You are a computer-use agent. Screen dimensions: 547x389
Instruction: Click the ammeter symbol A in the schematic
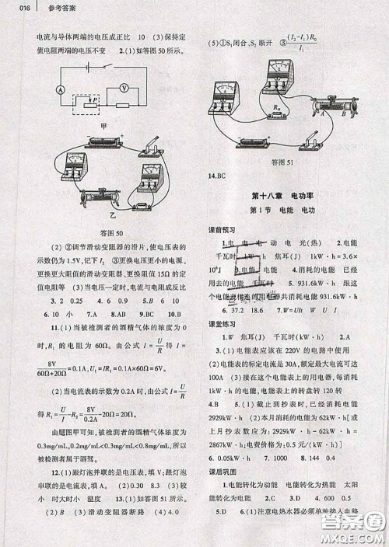click(x=59, y=90)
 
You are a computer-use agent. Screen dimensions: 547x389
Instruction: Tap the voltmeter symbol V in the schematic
click(x=122, y=88)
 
